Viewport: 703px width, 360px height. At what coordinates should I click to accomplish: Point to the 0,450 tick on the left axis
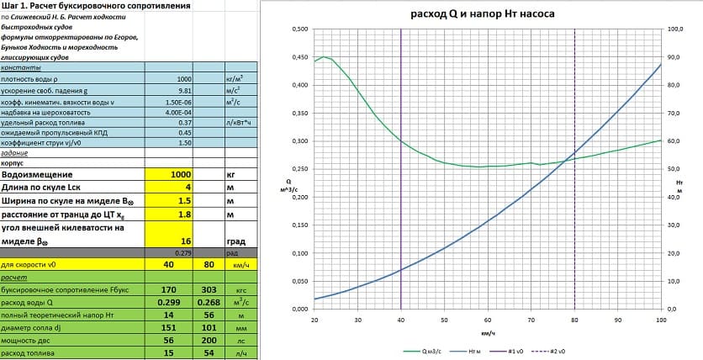299,57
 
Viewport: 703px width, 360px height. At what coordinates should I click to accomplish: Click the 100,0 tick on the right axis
675,29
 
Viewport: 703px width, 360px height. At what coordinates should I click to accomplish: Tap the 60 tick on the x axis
488,320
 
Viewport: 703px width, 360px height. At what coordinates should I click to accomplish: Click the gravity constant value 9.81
173,92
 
